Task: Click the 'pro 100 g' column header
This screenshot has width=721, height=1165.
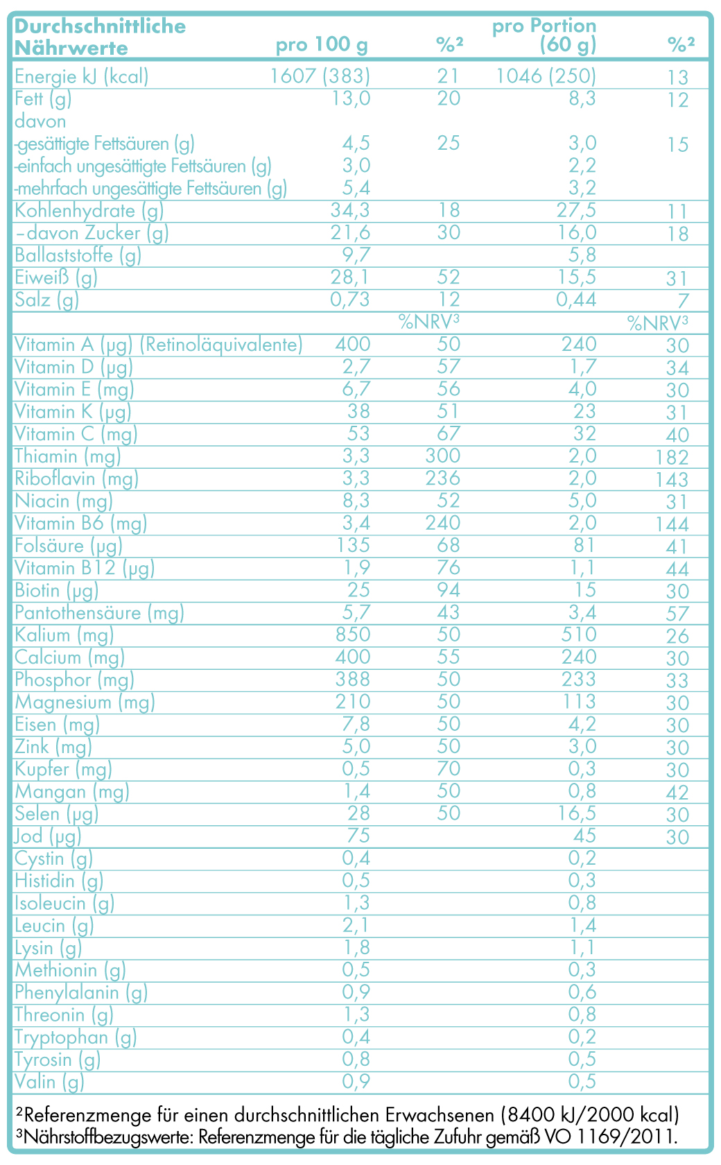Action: [x=322, y=46]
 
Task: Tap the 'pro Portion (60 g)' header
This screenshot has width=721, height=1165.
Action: [x=544, y=36]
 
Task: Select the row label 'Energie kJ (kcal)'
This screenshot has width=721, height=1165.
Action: [x=82, y=76]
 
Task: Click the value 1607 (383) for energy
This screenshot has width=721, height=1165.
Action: [x=320, y=76]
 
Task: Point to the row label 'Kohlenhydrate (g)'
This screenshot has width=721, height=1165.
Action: [x=89, y=210]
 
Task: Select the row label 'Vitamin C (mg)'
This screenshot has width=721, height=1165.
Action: [x=76, y=434]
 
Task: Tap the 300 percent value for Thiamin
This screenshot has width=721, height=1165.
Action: [x=443, y=456]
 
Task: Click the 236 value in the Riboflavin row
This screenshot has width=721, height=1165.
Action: [x=443, y=478]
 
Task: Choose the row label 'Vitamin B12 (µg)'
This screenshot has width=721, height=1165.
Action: [x=85, y=569]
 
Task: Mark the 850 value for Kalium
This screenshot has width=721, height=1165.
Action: [x=351, y=635]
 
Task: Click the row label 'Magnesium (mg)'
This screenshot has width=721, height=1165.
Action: [x=85, y=702]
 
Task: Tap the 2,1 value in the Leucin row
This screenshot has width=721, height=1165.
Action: [x=356, y=925]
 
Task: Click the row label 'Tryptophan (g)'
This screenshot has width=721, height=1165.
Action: [x=76, y=1037]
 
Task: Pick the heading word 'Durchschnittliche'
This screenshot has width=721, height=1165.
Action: [x=100, y=26]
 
